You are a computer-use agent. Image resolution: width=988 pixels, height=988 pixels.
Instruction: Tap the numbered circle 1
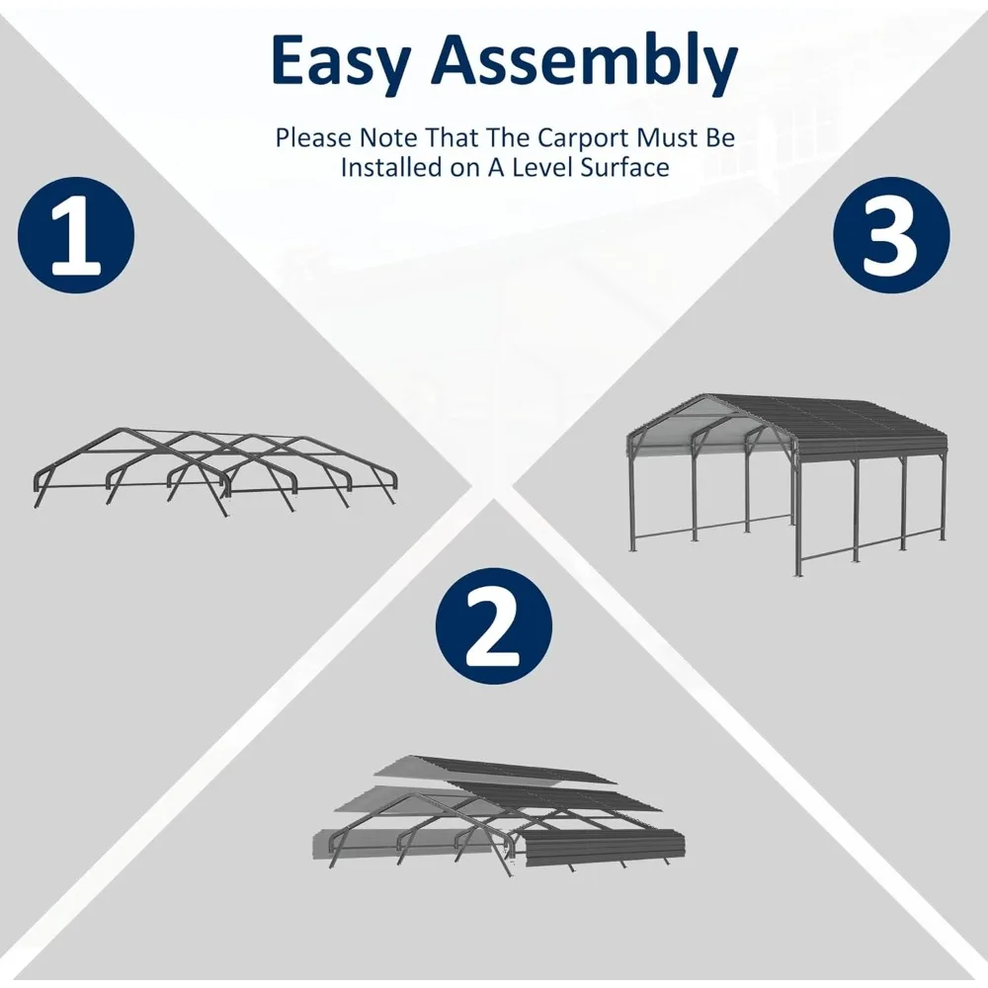pyautogui.click(x=76, y=235)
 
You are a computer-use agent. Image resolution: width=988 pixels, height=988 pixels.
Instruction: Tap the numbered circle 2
pyautogui.click(x=493, y=626)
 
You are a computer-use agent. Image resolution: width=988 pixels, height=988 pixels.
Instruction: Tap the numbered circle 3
pyautogui.click(x=891, y=235)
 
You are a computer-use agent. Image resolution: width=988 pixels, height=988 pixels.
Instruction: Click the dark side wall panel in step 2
pyautogui.click(x=604, y=848)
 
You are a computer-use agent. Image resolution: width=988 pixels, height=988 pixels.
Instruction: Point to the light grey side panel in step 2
pyautogui.click(x=403, y=842)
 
